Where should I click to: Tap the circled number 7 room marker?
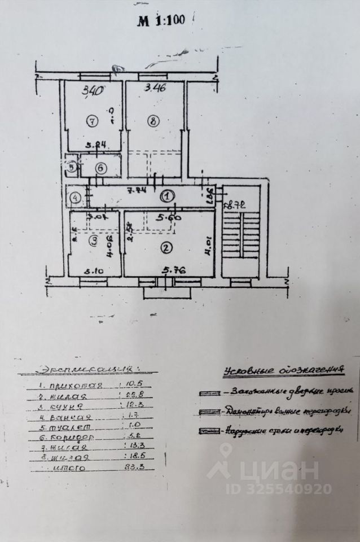click(92, 120)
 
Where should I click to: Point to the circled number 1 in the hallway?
click(168, 196)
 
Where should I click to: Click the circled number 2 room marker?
click(165, 246)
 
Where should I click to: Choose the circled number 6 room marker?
click(99, 168)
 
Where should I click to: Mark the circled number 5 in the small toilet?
click(72, 167)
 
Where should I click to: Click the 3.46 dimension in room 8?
click(155, 88)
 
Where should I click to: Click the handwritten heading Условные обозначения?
click(283, 370)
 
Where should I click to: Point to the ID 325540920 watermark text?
click(279, 489)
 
